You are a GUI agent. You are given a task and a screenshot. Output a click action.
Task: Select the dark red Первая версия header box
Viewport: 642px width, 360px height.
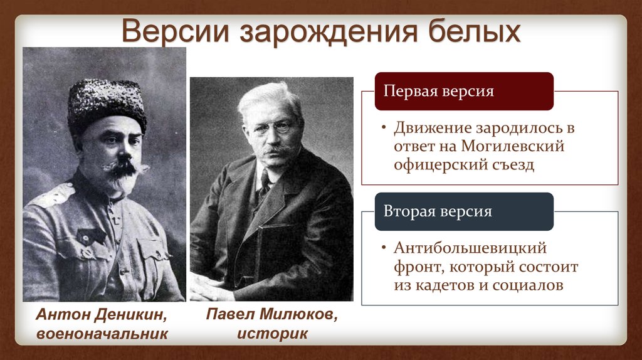tap(464, 91)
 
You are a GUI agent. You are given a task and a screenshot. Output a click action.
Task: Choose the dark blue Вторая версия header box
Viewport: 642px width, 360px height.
tap(464, 211)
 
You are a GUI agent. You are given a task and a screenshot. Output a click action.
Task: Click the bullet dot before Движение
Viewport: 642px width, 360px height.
tap(384, 129)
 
